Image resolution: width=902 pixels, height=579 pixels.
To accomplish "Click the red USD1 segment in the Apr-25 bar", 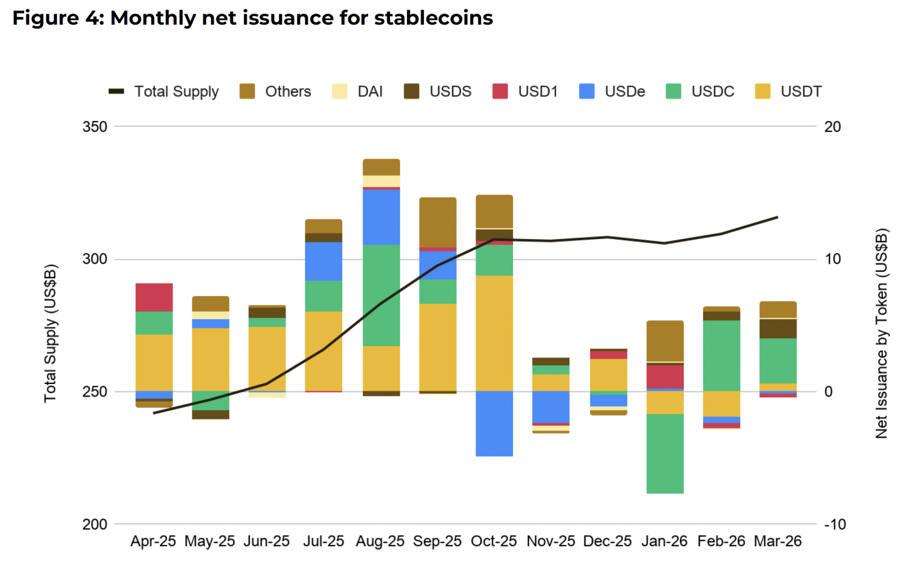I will (154, 297).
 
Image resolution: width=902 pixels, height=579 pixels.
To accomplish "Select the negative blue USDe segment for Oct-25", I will (494, 423).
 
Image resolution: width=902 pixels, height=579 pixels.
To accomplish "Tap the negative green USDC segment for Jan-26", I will (665, 454).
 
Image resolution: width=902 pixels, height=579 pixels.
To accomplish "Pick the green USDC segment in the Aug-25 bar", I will (381, 295).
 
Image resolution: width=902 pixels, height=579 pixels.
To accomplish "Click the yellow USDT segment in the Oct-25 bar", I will (494, 333).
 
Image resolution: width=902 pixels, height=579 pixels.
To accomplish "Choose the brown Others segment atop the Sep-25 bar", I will (437, 222).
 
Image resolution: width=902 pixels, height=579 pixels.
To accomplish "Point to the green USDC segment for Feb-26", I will (721, 355).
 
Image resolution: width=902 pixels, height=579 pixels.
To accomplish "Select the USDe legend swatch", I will (587, 91).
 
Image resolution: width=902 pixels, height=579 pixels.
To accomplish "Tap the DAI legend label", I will (370, 91).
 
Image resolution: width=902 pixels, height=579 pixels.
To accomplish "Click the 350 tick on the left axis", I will (95, 127).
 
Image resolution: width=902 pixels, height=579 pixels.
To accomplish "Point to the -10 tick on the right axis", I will (834, 524).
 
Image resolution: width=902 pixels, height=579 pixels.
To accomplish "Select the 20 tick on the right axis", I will (832, 127).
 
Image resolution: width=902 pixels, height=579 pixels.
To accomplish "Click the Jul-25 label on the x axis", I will (324, 541).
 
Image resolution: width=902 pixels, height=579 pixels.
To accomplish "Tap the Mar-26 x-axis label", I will (777, 541).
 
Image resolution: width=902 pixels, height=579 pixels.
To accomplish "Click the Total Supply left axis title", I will (50, 333).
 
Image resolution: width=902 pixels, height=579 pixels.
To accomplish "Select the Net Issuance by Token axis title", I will (881, 333).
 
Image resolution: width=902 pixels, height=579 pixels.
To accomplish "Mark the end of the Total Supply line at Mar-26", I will (777, 217).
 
